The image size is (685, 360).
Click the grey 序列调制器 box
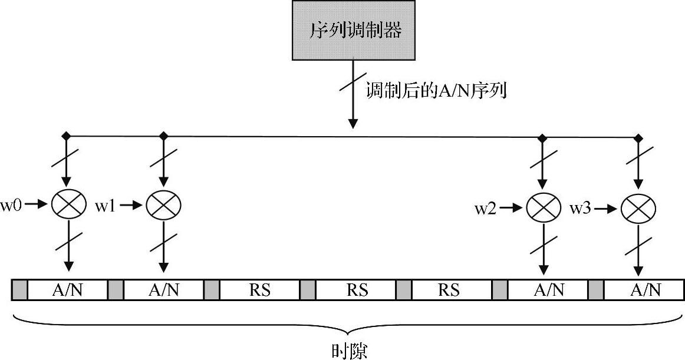[353, 30]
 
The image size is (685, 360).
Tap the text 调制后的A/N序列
[436, 91]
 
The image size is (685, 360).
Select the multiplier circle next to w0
[67, 204]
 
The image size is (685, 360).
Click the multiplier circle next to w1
[163, 204]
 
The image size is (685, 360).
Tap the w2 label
[486, 209]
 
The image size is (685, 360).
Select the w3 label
[580, 209]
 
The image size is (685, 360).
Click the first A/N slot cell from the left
[68, 290]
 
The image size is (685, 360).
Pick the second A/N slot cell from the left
[163, 290]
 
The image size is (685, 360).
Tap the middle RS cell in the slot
[356, 290]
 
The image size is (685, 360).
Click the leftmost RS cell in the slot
[260, 290]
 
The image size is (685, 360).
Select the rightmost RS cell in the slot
[452, 290]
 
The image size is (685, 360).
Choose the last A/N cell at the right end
[644, 290]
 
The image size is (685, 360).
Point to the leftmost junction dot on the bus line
[67, 137]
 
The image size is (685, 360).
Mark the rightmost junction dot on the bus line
[638, 138]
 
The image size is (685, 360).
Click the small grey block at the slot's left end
[19, 290]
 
